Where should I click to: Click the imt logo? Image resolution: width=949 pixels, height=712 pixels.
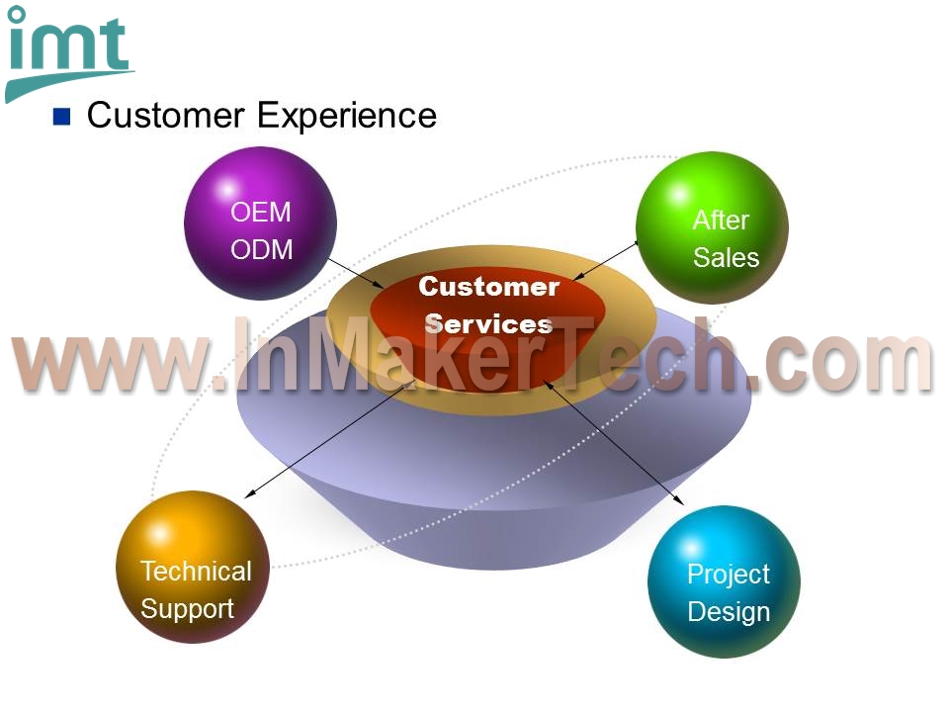pyautogui.click(x=68, y=53)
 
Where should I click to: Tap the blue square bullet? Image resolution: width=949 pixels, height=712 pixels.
pyautogui.click(x=61, y=117)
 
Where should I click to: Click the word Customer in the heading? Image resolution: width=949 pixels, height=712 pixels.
pyautogui.click(x=166, y=115)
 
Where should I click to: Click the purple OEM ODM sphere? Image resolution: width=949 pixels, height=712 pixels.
pyautogui.click(x=260, y=222)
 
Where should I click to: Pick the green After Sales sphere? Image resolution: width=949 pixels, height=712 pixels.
pyautogui.click(x=712, y=227)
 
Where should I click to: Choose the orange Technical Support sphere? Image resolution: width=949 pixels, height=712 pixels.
pyautogui.click(x=193, y=567)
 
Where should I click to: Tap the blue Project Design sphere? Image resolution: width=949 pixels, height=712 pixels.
pyautogui.click(x=724, y=581)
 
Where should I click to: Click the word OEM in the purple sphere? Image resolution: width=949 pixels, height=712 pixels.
pyautogui.click(x=261, y=212)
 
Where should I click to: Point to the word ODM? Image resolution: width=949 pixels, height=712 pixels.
pyautogui.click(x=261, y=249)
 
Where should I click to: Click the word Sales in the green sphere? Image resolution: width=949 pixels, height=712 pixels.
pyautogui.click(x=726, y=257)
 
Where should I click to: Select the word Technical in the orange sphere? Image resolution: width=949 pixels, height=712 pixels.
pyautogui.click(x=196, y=571)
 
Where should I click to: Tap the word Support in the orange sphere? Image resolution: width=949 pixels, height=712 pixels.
pyautogui.click(x=187, y=609)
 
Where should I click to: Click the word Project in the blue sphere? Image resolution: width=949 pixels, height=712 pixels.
pyautogui.click(x=729, y=574)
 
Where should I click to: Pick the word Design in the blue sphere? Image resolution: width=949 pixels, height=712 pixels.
pyautogui.click(x=729, y=611)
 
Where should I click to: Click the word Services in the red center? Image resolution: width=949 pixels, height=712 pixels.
pyautogui.click(x=488, y=324)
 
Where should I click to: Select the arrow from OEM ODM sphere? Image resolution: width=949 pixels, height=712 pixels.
pyautogui.click(x=356, y=273)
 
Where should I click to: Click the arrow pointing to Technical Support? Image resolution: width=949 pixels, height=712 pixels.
pyautogui.click(x=330, y=439)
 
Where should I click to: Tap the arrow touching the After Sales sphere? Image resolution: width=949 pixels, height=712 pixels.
pyautogui.click(x=606, y=260)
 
